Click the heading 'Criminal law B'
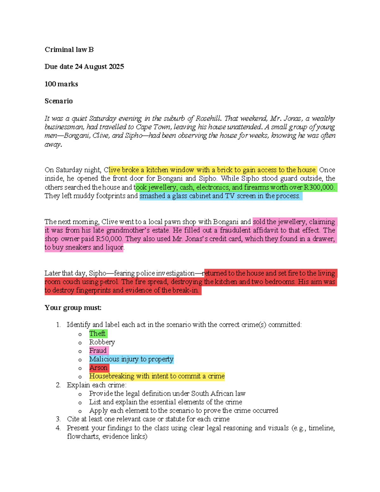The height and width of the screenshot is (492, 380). (x=69, y=49)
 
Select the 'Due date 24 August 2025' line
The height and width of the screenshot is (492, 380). (x=84, y=67)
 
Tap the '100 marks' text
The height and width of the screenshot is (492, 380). (x=61, y=84)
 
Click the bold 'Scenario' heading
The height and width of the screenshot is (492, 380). (x=59, y=101)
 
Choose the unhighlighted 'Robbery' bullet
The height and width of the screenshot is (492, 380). (x=102, y=342)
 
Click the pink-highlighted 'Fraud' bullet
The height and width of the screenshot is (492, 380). (x=98, y=351)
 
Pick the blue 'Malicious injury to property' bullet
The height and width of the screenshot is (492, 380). (x=131, y=359)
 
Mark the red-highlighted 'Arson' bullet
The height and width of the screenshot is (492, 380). (x=98, y=368)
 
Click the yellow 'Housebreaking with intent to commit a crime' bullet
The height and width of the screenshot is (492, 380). (x=157, y=376)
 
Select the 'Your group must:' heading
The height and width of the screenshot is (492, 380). (x=73, y=308)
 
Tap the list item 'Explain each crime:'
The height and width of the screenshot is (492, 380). (x=96, y=385)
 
